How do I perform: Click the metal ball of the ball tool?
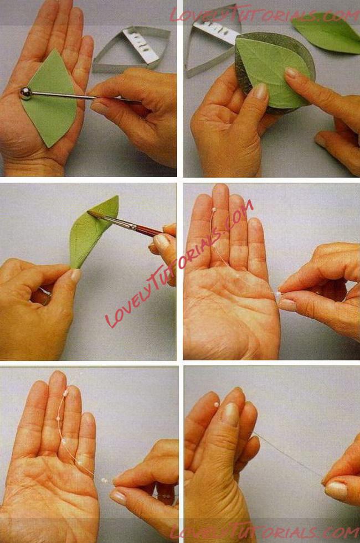click(x=25, y=94)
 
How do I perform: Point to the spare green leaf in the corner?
click(x=327, y=33)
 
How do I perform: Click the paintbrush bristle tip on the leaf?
click(x=91, y=213)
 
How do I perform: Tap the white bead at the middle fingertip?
click(x=215, y=210)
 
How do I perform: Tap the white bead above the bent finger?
click(x=217, y=404)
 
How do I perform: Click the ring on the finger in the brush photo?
click(x=45, y=294)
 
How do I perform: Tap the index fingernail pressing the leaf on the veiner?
click(x=291, y=72)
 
